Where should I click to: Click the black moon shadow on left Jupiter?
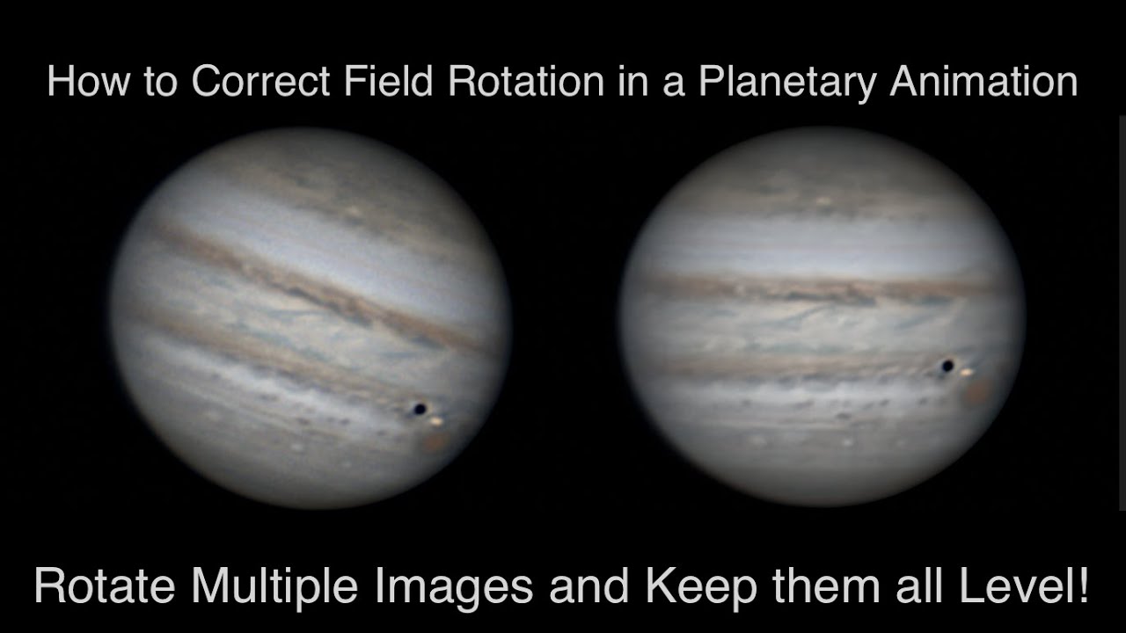420,409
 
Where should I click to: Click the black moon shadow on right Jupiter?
947,365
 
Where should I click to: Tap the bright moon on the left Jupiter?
437,423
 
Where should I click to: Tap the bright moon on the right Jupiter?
967,374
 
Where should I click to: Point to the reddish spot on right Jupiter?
976,392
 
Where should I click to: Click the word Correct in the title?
260,82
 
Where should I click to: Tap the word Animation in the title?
983,82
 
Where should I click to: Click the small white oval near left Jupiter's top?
354,212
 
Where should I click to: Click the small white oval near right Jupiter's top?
824,201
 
